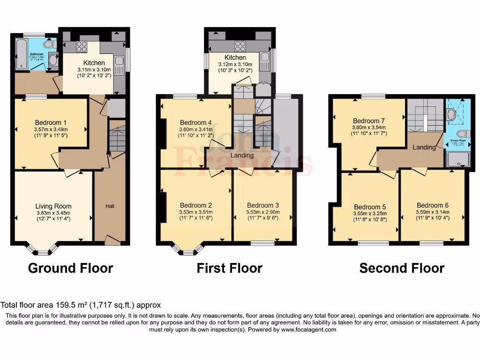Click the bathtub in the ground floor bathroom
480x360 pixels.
(21, 54)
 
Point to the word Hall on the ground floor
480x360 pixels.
(110, 206)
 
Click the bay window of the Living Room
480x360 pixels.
(43, 250)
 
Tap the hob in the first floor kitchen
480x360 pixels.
(240, 46)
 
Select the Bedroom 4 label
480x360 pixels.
(195, 123)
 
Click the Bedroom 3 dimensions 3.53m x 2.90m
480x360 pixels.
(262, 212)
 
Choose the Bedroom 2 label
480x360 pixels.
(196, 205)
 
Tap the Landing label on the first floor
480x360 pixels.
(242, 155)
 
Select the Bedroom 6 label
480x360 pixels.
(432, 205)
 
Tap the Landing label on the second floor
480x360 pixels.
(424, 147)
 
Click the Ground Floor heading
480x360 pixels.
(70, 268)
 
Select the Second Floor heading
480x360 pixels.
(402, 268)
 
